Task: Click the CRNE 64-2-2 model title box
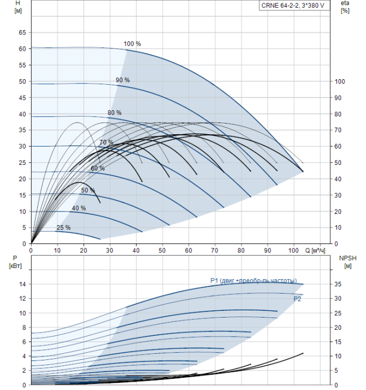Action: pyautogui.click(x=293, y=6)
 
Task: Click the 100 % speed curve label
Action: pyautogui.click(x=132, y=43)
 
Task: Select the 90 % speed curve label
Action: pyautogui.click(x=122, y=80)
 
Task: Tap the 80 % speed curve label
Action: pyautogui.click(x=115, y=113)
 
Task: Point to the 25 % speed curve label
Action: pyautogui.click(x=63, y=227)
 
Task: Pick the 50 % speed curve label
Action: pyautogui.click(x=88, y=191)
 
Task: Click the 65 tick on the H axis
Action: pyautogui.click(x=22, y=33)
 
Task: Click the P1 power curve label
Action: pyautogui.click(x=253, y=280)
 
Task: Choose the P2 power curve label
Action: pyautogui.click(x=298, y=299)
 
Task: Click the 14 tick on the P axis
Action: pyautogui.click(x=22, y=284)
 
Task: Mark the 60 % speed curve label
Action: pyautogui.click(x=98, y=168)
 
